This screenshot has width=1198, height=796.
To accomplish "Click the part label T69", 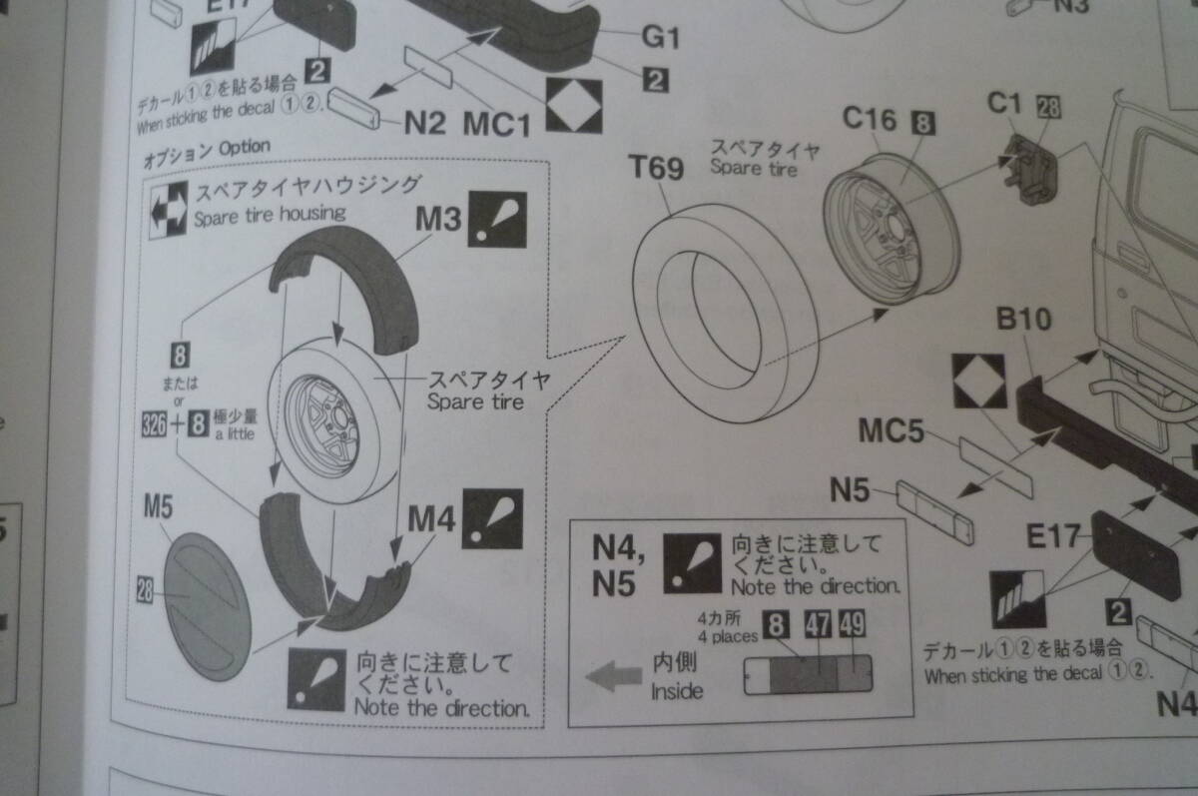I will pos(656,168).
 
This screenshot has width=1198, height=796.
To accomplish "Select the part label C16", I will pos(870,120).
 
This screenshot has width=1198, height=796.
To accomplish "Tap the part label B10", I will pos(1022,320).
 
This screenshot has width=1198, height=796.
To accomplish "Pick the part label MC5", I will pos(891,432).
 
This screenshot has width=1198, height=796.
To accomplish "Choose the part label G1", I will pos(660,38).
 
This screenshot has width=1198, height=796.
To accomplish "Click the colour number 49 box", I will pos(852,625).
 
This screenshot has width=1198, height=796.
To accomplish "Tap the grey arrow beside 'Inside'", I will pos(613,677).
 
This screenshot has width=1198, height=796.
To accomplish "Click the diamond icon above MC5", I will pos(977,382).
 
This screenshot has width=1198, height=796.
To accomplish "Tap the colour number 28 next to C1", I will pos(1048,104).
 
